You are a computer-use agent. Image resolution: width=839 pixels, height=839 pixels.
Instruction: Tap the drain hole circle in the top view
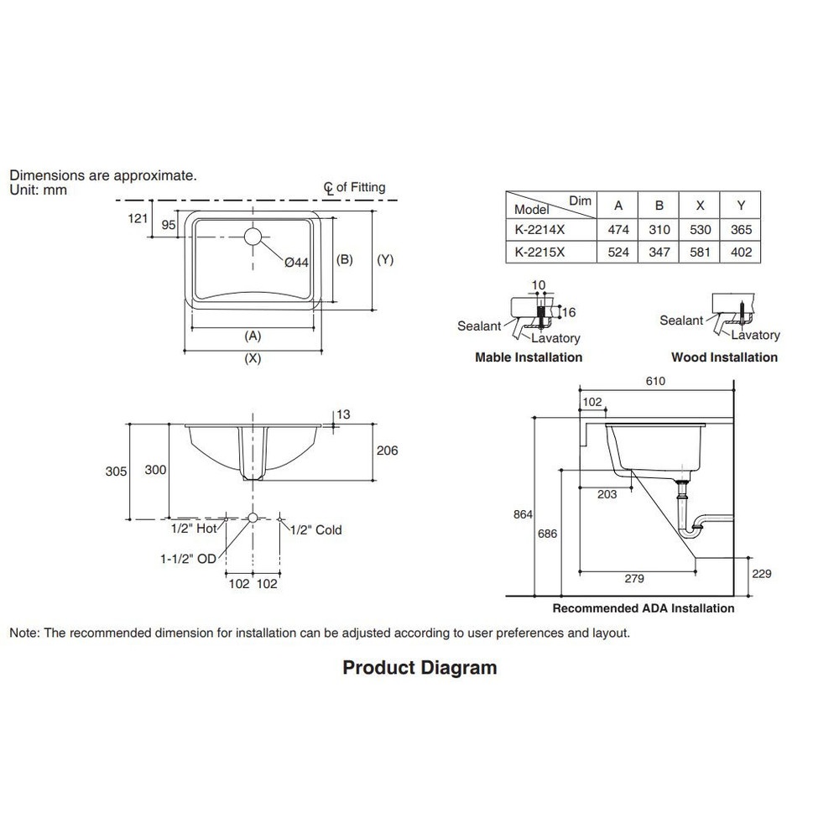(254, 236)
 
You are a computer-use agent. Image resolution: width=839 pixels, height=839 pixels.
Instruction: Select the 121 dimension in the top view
(138, 218)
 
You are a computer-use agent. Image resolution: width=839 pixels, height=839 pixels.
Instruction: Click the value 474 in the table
(618, 229)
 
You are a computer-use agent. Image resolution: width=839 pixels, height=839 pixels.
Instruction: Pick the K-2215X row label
(541, 252)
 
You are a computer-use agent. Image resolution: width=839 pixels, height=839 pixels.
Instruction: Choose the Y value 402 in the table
(741, 252)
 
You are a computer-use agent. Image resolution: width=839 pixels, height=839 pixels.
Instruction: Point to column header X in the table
(701, 206)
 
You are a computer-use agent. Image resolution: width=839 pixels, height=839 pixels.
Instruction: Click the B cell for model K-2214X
(659, 229)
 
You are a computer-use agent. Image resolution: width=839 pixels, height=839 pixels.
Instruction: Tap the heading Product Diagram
(419, 668)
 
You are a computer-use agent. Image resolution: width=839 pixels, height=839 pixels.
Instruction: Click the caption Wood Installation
(724, 357)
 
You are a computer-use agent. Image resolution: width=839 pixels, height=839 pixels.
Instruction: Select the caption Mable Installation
(529, 357)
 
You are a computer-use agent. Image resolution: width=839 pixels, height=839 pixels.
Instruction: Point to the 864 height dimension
(523, 514)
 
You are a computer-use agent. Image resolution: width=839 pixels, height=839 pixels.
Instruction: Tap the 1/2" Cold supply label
(315, 529)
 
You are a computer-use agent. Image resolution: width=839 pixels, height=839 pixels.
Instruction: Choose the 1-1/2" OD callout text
(189, 557)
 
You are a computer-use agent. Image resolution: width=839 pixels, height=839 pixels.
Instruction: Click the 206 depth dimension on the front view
(387, 451)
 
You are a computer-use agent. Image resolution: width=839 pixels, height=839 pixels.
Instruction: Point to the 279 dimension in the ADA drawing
(634, 578)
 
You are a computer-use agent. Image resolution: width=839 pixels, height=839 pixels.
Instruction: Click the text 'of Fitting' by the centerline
(361, 187)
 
